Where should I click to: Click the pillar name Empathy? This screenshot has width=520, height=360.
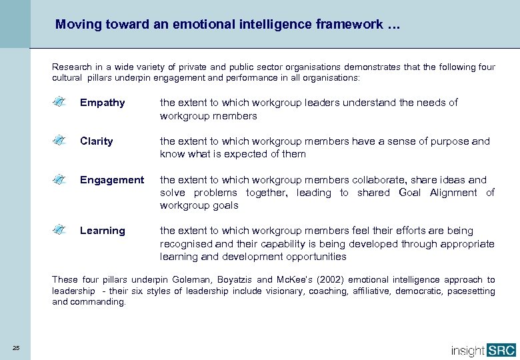click(102, 103)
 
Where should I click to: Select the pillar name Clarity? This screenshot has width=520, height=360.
click(96, 141)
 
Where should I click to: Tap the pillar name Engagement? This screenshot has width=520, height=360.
click(111, 180)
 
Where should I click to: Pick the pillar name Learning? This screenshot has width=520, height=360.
click(102, 231)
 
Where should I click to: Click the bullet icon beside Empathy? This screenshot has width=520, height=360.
click(59, 102)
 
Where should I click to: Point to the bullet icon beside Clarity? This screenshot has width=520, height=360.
click(59, 141)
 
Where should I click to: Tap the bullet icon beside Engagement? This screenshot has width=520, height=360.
click(59, 179)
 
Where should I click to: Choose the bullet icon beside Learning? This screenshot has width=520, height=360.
click(59, 230)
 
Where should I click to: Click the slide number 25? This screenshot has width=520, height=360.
click(15, 346)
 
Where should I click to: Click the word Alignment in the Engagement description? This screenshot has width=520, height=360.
click(453, 193)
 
